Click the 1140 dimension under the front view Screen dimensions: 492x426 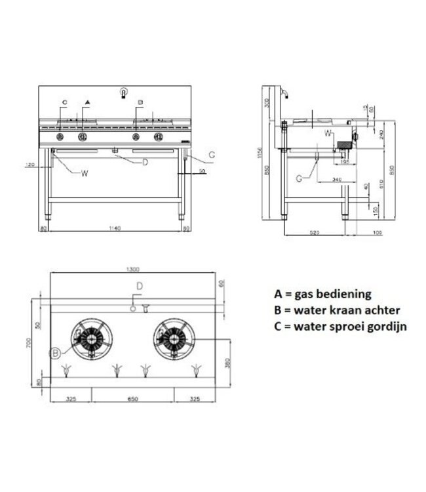pyautogui.click(x=114, y=228)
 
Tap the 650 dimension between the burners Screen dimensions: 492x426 pyautogui.click(x=132, y=398)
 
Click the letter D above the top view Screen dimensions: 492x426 pyautogui.click(x=139, y=286)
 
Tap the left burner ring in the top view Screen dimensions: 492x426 pyautogui.click(x=91, y=339)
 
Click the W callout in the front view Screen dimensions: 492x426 pyautogui.click(x=85, y=173)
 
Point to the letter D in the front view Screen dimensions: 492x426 pyautogui.click(x=145, y=161)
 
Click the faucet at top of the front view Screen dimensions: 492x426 pyautogui.click(x=123, y=93)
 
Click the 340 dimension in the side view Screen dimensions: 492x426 pyautogui.click(x=336, y=179)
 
